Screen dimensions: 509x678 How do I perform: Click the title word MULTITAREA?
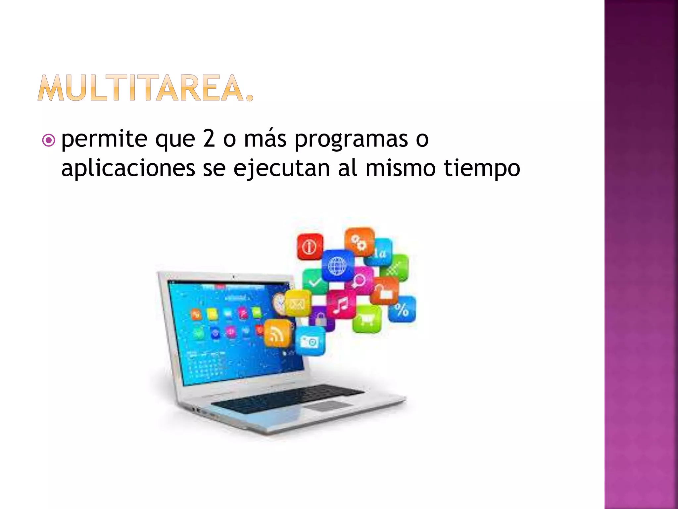(x=145, y=88)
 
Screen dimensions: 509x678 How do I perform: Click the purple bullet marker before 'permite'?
(x=49, y=141)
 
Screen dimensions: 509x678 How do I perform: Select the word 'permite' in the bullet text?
(x=104, y=139)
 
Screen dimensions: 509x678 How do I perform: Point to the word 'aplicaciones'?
(x=128, y=168)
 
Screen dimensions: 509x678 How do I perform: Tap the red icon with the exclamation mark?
(x=310, y=247)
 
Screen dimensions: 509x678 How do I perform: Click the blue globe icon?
(x=337, y=265)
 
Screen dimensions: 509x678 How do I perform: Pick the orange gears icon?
(x=359, y=242)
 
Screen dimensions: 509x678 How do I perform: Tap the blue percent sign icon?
(x=402, y=309)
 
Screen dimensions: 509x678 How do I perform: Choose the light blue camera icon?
(x=310, y=341)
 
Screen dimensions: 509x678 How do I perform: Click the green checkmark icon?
(x=314, y=282)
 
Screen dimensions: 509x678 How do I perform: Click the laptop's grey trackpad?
(x=331, y=406)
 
